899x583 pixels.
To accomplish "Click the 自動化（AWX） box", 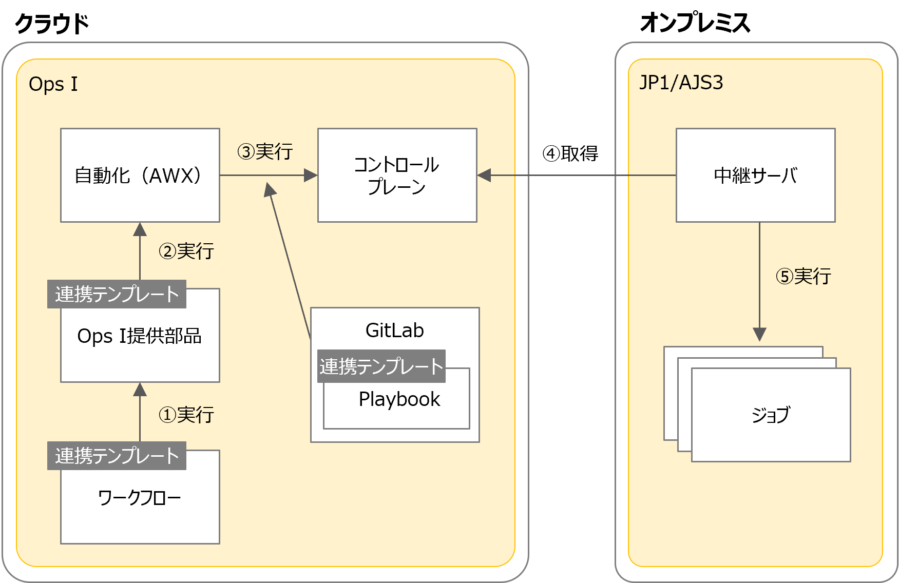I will pyautogui.click(x=140, y=175).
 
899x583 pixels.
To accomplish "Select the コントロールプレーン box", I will pyautogui.click(x=397, y=175).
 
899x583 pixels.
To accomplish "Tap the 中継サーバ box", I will pyautogui.click(x=755, y=175).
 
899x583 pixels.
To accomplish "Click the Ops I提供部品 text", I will pyautogui.click(x=139, y=336).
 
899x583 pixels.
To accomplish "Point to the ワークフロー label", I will pyautogui.click(x=139, y=498).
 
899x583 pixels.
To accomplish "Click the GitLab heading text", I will pyautogui.click(x=394, y=331).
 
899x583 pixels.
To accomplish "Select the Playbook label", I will pyautogui.click(x=399, y=399).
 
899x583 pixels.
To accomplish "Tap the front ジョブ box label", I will pyautogui.click(x=771, y=415).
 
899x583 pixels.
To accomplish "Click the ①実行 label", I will pyautogui.click(x=186, y=415).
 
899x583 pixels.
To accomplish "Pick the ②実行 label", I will pyautogui.click(x=186, y=251).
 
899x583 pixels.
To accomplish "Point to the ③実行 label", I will pyautogui.click(x=265, y=152).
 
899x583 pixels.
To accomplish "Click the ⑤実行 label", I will pyautogui.click(x=803, y=277).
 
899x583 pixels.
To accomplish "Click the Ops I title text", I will pyautogui.click(x=53, y=84).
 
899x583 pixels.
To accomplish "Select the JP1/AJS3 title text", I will pyautogui.click(x=681, y=83).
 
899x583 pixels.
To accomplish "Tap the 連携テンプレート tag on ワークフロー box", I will pyautogui.click(x=117, y=456).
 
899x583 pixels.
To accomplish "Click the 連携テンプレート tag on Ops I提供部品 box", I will pyautogui.click(x=117, y=294).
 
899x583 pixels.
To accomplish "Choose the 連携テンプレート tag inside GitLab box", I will pyautogui.click(x=381, y=366).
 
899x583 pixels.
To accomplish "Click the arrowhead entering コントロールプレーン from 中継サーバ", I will pyautogui.click(x=484, y=175).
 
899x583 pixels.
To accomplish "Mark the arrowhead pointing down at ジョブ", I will pyautogui.click(x=759, y=335).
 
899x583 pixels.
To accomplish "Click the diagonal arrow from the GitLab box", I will pyautogui.click(x=290, y=262).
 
